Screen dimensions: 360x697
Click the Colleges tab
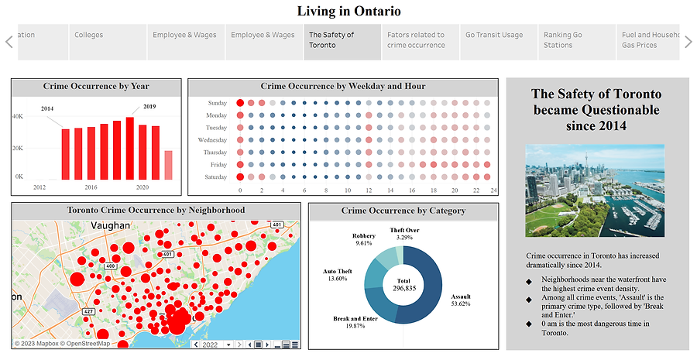[88, 35]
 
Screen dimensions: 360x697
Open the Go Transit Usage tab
[493, 35]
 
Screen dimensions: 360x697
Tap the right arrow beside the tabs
[688, 42]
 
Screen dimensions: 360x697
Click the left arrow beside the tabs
[9, 42]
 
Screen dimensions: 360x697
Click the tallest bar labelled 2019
[130, 147]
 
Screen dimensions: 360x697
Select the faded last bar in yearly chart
[168, 164]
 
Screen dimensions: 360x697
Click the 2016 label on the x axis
[91, 187]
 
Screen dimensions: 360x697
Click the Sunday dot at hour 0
[240, 103]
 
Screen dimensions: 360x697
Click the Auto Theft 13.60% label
[335, 275]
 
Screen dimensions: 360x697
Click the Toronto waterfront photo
[595, 190]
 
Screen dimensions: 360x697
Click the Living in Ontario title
[348, 11]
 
